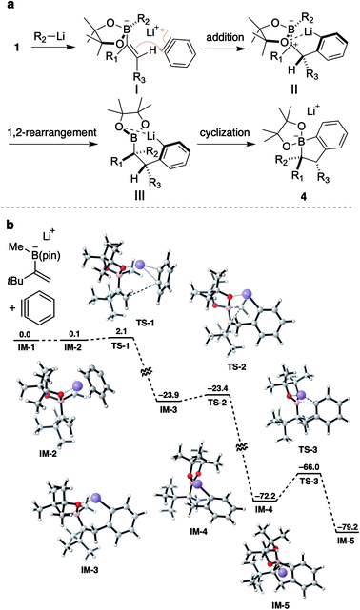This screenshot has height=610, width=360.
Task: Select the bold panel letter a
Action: (x=9, y=8)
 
